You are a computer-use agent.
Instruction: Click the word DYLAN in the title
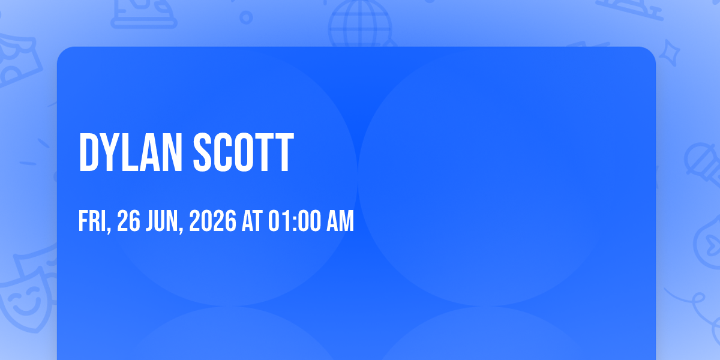131,152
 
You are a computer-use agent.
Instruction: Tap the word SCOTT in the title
244,152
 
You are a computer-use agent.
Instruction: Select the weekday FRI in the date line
92,221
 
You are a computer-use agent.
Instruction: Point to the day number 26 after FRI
128,221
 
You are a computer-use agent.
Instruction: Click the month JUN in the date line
162,221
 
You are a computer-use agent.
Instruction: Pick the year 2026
212,221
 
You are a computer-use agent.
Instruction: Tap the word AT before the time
252,221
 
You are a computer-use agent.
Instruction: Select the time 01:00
295,221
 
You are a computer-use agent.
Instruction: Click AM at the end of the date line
340,221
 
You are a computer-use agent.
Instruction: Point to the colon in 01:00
295,222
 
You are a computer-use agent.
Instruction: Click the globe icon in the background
360,24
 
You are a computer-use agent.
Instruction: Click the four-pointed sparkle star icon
670,53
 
